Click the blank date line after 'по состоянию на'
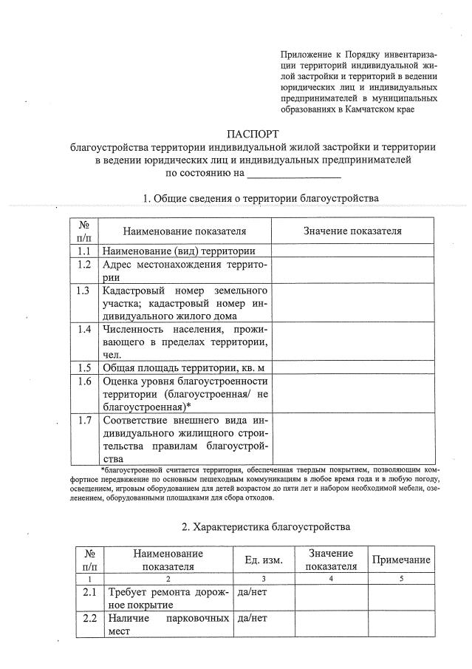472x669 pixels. (x=293, y=176)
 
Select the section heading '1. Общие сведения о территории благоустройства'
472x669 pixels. (x=261, y=198)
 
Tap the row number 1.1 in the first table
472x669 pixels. (x=83, y=251)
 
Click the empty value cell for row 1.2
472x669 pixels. (x=352, y=271)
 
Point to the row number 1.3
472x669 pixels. (x=83, y=291)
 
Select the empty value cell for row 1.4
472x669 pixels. (x=352, y=341)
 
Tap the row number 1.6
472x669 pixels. (x=83, y=381)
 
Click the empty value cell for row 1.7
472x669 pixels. (x=352, y=438)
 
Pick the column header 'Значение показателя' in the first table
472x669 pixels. (x=352, y=231)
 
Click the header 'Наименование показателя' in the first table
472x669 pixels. (x=185, y=231)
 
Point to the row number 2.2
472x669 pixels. (x=90, y=618)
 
